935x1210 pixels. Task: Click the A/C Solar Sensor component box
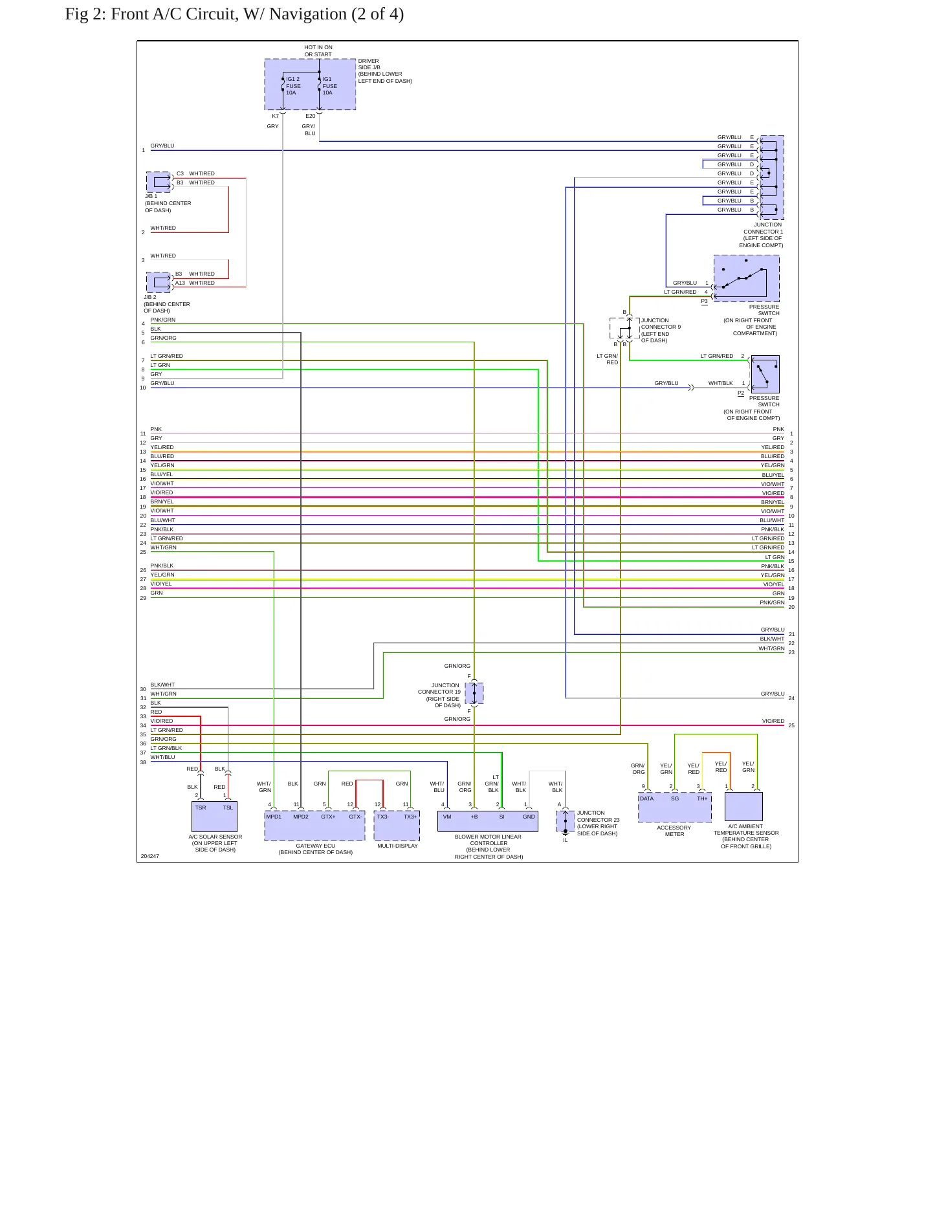tap(214, 817)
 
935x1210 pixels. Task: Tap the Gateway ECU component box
tap(314, 826)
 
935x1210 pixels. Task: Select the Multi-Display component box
tap(397, 826)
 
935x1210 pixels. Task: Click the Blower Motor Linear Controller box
tap(488, 821)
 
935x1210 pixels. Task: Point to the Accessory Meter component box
tap(675, 808)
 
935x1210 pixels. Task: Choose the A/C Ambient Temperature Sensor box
tap(743, 806)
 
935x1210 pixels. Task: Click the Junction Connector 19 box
tap(474, 693)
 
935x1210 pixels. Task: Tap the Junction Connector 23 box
tap(565, 821)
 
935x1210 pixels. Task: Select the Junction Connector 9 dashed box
tap(624, 328)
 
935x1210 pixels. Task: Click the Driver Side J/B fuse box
tap(310, 84)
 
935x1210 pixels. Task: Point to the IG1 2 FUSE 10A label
tap(293, 86)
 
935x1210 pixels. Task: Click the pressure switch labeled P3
tap(746, 278)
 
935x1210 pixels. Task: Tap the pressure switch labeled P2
tap(765, 374)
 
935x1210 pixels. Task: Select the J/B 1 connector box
tap(159, 182)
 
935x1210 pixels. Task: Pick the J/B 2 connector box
tap(159, 283)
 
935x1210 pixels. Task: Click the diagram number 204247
tap(150, 856)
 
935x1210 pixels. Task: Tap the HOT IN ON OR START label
tap(318, 51)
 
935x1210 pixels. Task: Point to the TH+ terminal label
tap(702, 798)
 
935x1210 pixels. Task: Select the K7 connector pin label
tap(275, 116)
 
